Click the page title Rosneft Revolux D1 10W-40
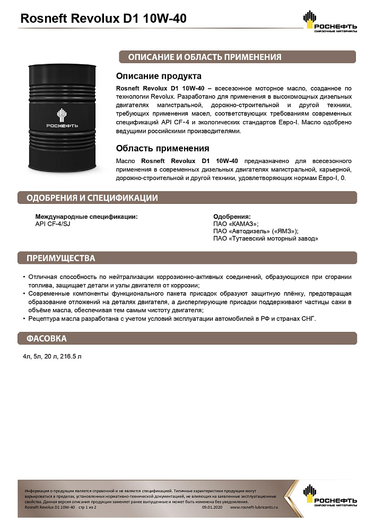coord(103,19)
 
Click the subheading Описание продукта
coord(159,76)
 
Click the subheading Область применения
coord(162,148)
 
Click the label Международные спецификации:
coord(86,217)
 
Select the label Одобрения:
coord(232,217)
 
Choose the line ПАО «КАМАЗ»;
coord(236,224)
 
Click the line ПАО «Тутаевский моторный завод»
coord(266,239)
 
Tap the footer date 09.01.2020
coord(212,508)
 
